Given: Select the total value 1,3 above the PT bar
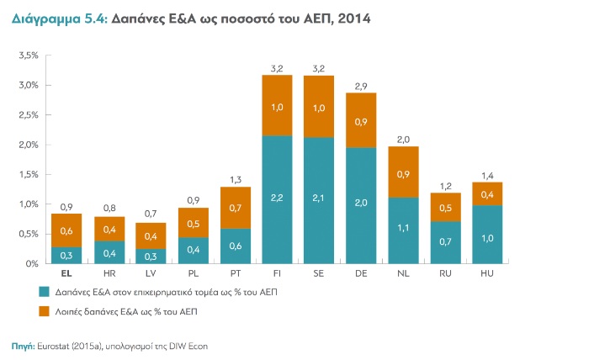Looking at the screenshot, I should pos(235,180).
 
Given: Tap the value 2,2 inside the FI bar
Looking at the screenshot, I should pos(278,197).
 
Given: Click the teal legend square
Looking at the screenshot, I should pos(45,293).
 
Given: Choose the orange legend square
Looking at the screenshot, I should pos(45,312).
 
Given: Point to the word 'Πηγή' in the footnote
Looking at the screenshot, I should pos(23,345).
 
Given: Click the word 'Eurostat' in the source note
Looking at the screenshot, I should pos(56,345).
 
